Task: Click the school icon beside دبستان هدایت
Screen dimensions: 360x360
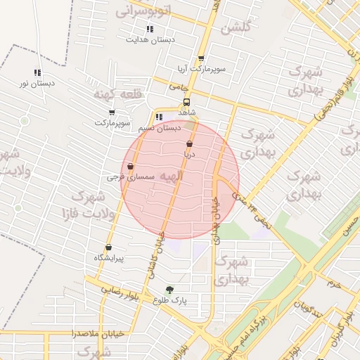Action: coord(150,29)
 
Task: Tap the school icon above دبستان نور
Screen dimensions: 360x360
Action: coord(37,72)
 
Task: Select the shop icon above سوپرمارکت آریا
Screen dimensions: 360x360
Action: coord(202,59)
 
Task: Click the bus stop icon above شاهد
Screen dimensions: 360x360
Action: coord(186,101)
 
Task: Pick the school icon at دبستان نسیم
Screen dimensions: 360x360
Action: coord(159,117)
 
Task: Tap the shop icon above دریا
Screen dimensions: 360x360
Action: coord(190,143)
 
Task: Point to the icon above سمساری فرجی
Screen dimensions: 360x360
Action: coord(131,167)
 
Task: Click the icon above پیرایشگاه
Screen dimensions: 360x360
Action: coord(108,247)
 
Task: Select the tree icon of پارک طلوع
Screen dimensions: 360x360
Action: coord(169,289)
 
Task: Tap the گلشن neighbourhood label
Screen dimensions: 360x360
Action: coord(236,29)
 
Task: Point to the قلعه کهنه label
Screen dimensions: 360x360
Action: coord(116,94)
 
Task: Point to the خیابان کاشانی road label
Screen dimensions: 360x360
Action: coord(159,232)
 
